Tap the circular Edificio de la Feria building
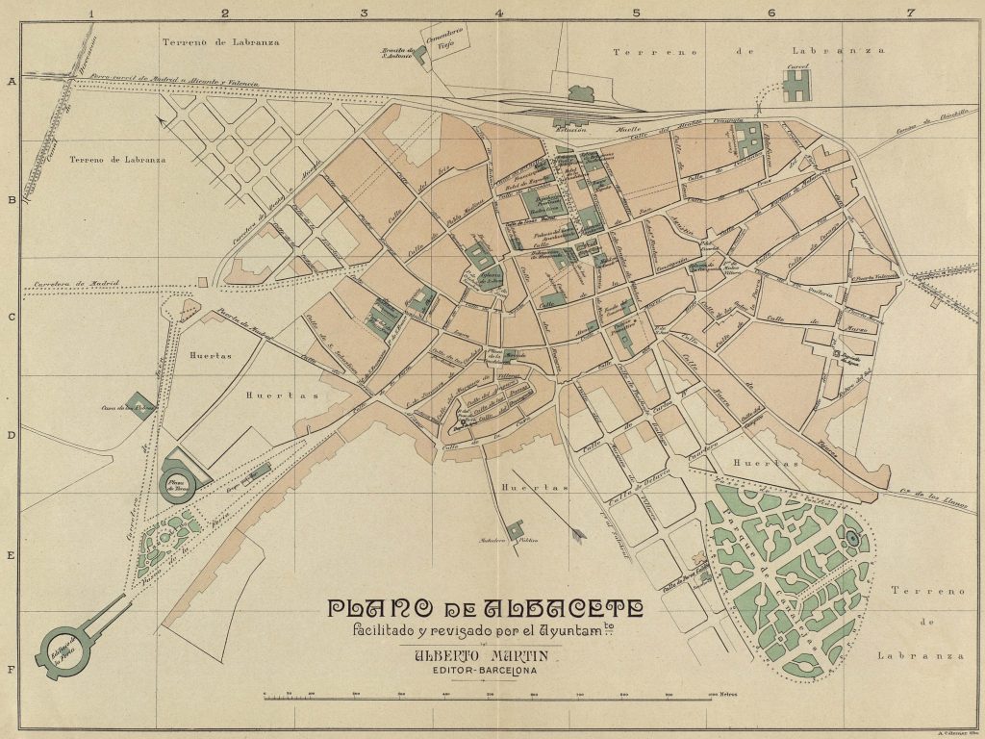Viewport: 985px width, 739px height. (64, 646)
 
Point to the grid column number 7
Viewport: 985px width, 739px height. (909, 13)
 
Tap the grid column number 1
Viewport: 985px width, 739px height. (90, 13)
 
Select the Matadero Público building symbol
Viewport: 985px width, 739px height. (516, 529)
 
